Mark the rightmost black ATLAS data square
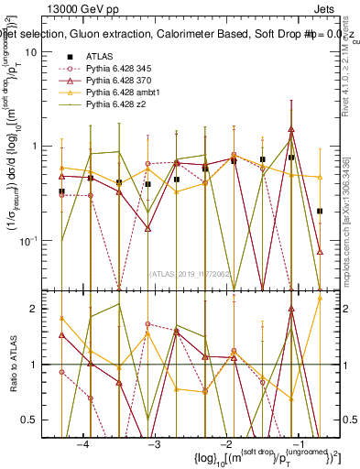click(x=320, y=211)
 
